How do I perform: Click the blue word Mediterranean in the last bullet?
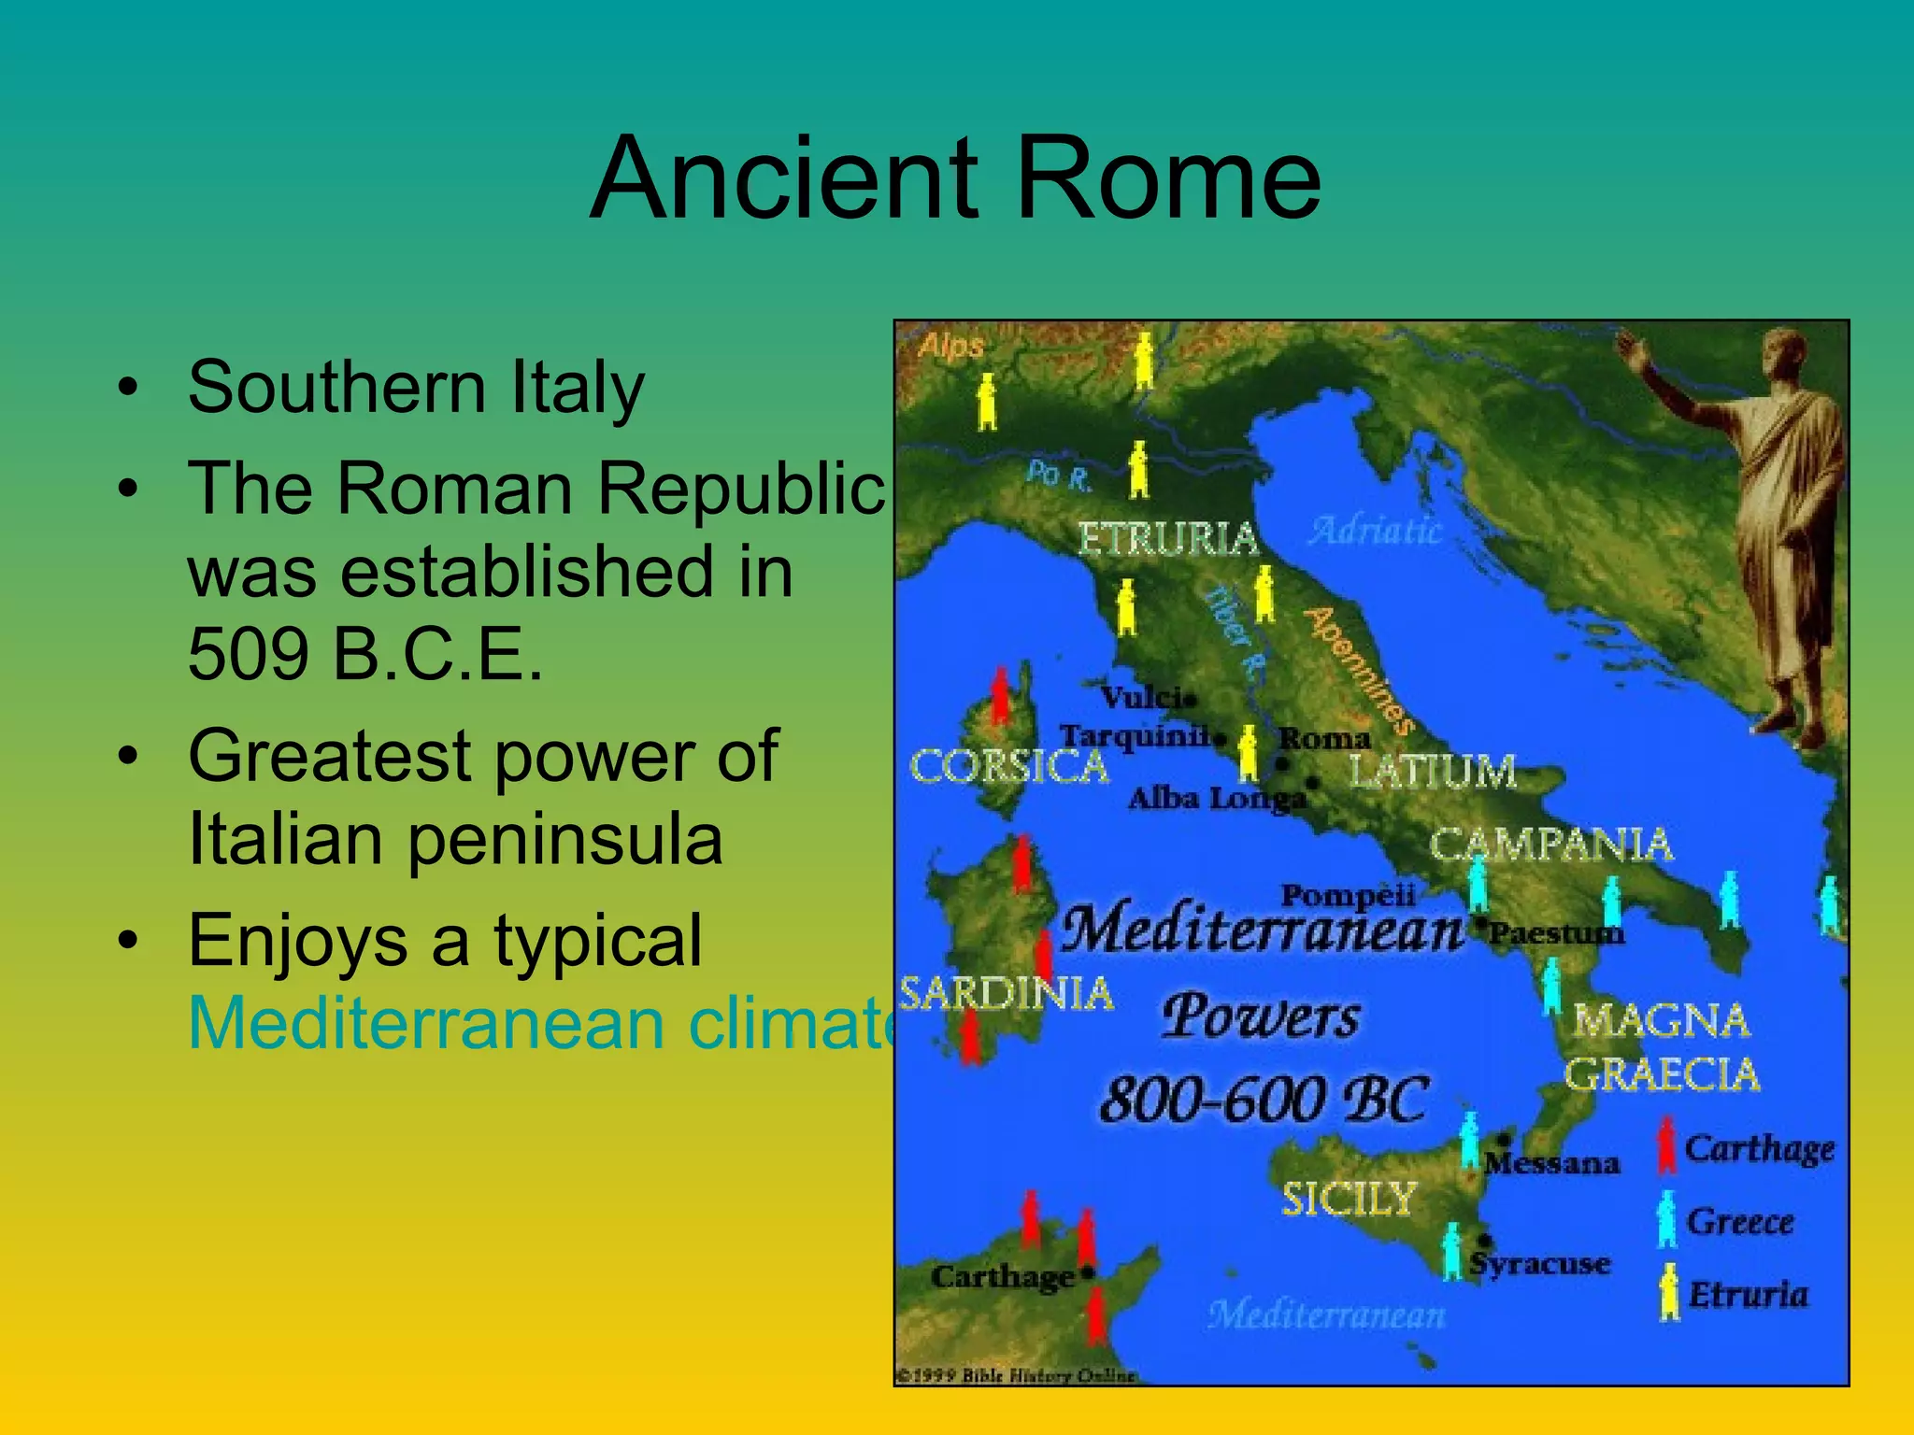(x=424, y=1023)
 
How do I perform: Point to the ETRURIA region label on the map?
(x=1167, y=539)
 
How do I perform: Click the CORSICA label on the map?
(x=1008, y=767)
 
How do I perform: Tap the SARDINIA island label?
(x=1006, y=993)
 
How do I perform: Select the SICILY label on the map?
(x=1349, y=1199)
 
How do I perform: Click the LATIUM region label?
(x=1433, y=772)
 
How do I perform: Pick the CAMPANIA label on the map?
(x=1550, y=845)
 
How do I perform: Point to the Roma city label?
(x=1324, y=738)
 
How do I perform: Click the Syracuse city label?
(x=1540, y=1263)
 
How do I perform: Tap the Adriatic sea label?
(x=1375, y=530)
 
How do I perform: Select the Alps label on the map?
(x=950, y=347)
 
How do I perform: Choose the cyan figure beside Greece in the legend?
(x=1666, y=1219)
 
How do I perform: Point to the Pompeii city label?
(x=1347, y=895)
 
